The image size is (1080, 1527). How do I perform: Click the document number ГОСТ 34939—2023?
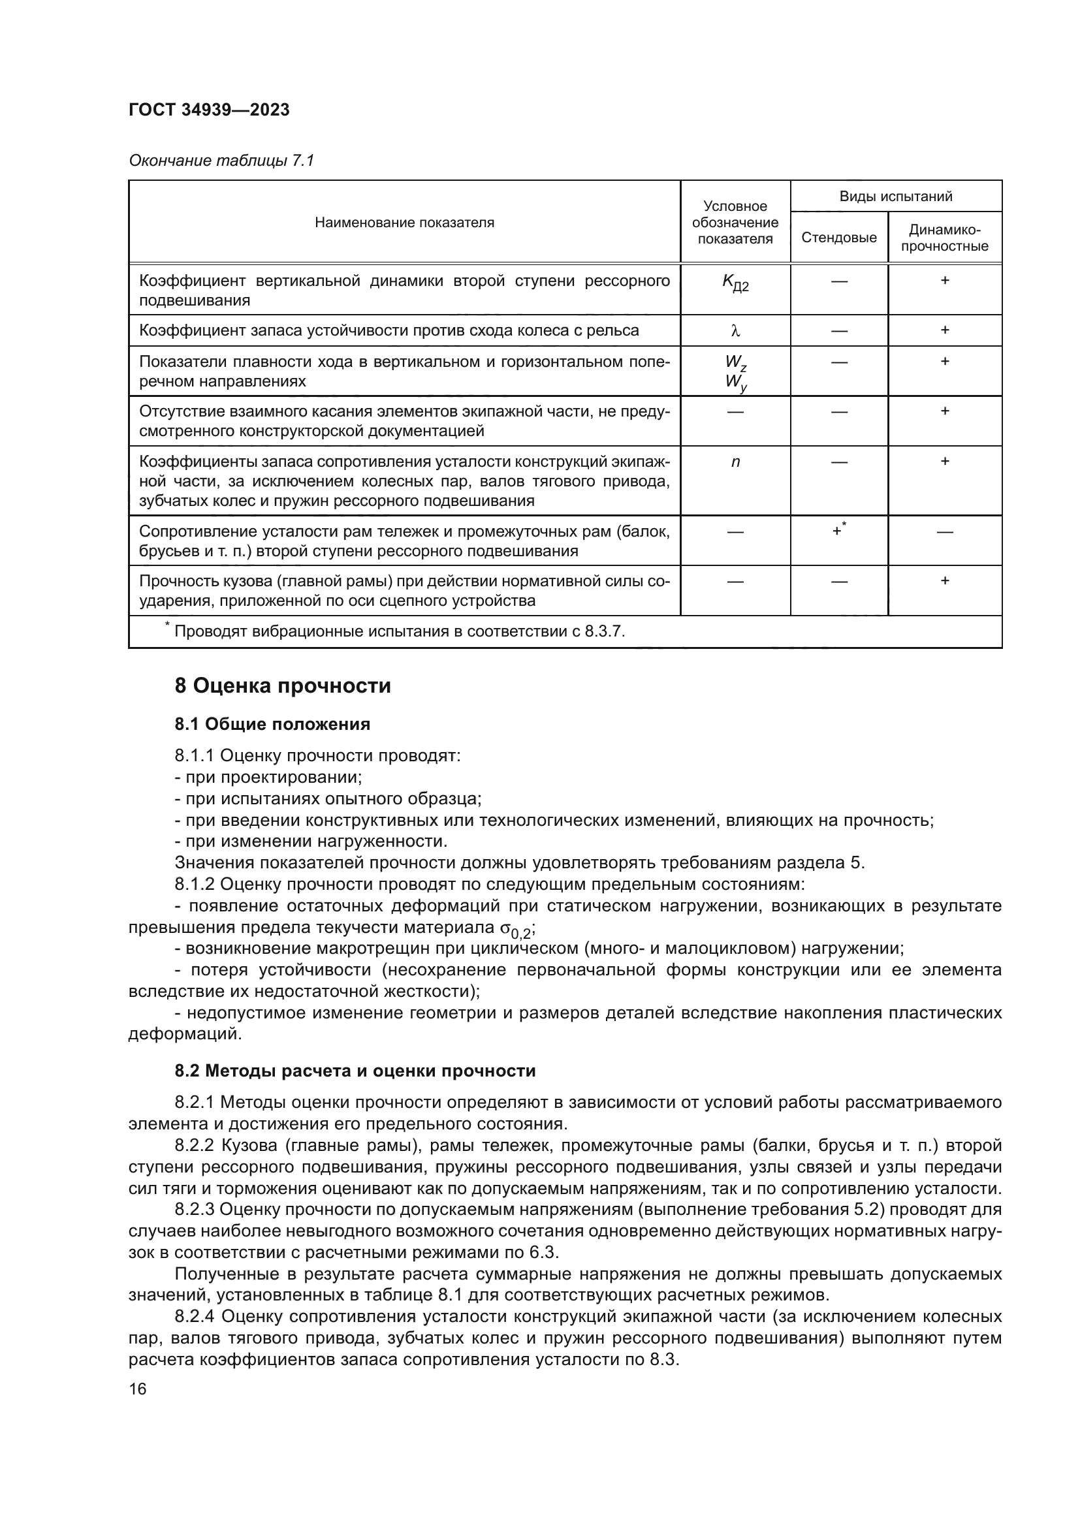(209, 110)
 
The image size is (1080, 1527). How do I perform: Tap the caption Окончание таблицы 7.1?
(221, 161)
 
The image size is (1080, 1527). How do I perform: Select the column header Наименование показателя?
(404, 223)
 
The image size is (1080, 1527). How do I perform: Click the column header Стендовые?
(838, 238)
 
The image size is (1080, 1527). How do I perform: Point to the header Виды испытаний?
(895, 197)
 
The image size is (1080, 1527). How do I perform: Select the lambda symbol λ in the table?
(735, 331)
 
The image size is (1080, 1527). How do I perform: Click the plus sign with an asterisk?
(838, 531)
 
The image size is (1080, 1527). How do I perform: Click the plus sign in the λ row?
(944, 330)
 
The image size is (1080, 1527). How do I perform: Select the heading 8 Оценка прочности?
(283, 685)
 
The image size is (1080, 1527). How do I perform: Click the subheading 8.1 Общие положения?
(272, 724)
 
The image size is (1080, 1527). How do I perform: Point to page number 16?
(138, 1389)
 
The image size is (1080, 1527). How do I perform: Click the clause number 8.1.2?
(195, 885)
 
